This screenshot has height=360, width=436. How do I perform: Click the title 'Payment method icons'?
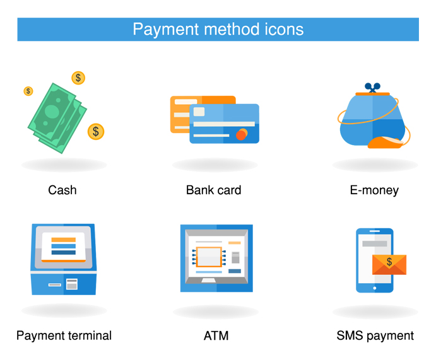pyautogui.click(x=218, y=29)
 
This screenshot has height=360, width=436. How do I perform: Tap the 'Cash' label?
pyautogui.click(x=62, y=189)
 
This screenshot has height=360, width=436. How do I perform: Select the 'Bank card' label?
pyautogui.click(x=213, y=189)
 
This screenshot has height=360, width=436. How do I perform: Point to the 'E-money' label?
pyautogui.click(x=374, y=189)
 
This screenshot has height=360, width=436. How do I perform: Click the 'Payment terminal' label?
pyautogui.click(x=64, y=335)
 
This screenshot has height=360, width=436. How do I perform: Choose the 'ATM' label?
pyautogui.click(x=216, y=335)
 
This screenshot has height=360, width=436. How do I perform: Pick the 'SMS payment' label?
pyautogui.click(x=375, y=335)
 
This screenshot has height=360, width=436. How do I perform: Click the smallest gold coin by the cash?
pyautogui.click(x=28, y=91)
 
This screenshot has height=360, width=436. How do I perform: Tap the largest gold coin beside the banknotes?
pyautogui.click(x=96, y=131)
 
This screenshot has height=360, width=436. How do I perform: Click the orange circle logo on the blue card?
pyautogui.click(x=241, y=134)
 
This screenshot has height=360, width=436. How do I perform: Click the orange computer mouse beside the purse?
pyautogui.click(x=386, y=143)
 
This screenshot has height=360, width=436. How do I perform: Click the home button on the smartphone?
pyautogui.click(x=374, y=288)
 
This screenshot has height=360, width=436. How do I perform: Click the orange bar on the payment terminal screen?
pyautogui.click(x=63, y=240)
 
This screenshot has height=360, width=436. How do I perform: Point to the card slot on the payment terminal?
pyautogui.click(x=55, y=284)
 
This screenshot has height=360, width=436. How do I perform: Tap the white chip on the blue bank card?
pyautogui.click(x=199, y=112)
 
